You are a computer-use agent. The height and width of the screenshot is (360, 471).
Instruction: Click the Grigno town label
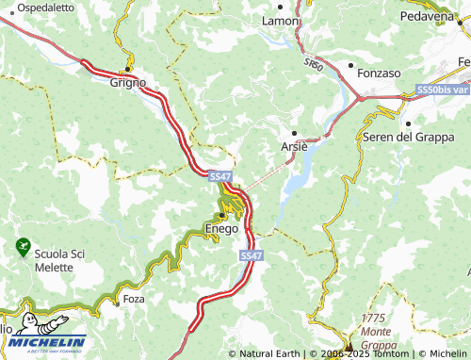[x=128, y=82]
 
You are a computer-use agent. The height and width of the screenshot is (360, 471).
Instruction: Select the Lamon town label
[x=280, y=21]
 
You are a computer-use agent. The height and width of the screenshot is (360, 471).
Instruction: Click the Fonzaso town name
[x=380, y=72]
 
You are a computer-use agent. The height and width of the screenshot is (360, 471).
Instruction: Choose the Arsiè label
[x=294, y=147]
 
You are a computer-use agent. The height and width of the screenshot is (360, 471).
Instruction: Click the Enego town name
[x=220, y=229]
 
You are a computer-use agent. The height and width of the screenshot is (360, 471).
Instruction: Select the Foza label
[x=134, y=299]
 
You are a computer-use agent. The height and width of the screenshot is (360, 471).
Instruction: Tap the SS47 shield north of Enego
[x=219, y=176]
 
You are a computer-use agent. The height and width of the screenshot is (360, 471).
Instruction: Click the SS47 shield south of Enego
[x=250, y=255]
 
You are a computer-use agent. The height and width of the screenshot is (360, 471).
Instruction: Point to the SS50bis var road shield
[x=442, y=90]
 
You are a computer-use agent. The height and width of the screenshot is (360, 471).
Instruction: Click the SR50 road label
[x=314, y=64]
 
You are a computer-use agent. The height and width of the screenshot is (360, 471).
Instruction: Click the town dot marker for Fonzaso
[x=350, y=66]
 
